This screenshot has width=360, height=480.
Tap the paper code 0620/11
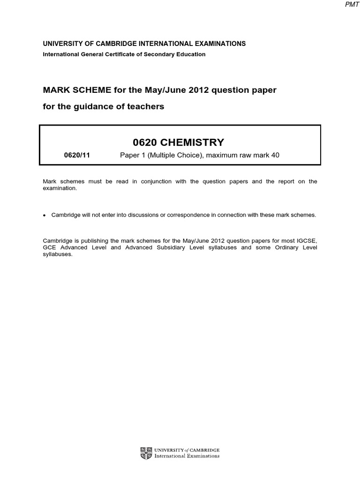click(77, 155)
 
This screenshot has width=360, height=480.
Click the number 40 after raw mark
click(275, 155)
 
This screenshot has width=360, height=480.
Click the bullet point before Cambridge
click(45, 215)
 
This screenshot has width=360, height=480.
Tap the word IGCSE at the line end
click(307, 241)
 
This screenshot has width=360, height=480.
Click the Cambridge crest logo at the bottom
click(146, 453)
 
